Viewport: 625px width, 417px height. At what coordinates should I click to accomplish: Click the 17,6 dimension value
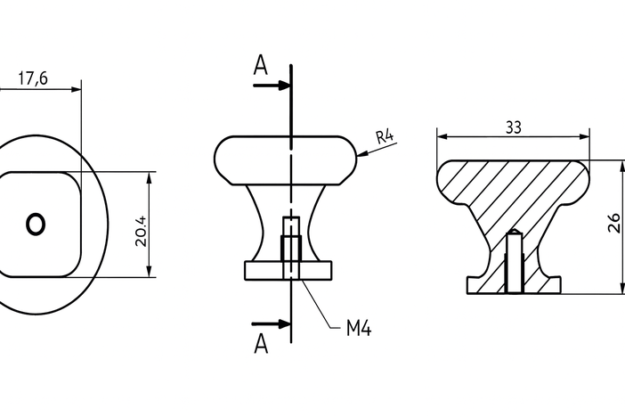[32, 78]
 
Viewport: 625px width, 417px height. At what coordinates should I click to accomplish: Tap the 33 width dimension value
[513, 127]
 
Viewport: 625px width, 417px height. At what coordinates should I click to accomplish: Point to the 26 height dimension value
[613, 223]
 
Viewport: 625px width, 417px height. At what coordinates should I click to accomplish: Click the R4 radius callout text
[385, 137]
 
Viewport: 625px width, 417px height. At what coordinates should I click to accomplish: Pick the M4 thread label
[358, 329]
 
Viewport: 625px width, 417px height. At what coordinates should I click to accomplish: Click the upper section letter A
[260, 65]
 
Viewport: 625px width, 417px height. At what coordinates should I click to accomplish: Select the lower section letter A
[260, 343]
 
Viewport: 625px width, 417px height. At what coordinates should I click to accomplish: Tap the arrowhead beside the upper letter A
[284, 86]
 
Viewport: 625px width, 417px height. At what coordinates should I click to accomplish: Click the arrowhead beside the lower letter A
[284, 323]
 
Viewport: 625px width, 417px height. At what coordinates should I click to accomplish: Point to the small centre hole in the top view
[36, 224]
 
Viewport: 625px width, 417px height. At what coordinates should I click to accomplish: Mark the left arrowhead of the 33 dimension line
[442, 137]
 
